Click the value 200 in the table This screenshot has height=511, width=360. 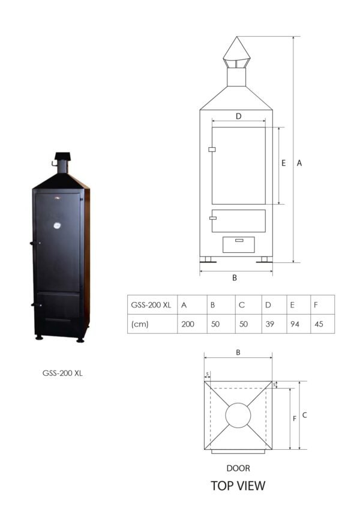point(187,324)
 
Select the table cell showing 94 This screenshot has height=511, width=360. point(295,324)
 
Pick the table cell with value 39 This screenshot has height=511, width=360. point(269,324)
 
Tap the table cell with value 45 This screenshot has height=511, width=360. point(319,324)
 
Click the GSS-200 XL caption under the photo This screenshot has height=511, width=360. point(62,373)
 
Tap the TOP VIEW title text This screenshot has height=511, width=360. point(238,486)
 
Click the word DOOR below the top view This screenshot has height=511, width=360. point(238,468)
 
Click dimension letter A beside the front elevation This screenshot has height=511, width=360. point(299,163)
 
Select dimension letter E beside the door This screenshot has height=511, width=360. point(284,163)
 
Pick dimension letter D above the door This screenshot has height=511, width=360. point(238,116)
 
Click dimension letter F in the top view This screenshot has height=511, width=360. point(295,419)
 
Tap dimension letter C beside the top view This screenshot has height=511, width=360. point(305,415)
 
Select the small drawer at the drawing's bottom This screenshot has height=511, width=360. point(238,244)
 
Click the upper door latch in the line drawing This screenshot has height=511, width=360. point(211,149)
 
